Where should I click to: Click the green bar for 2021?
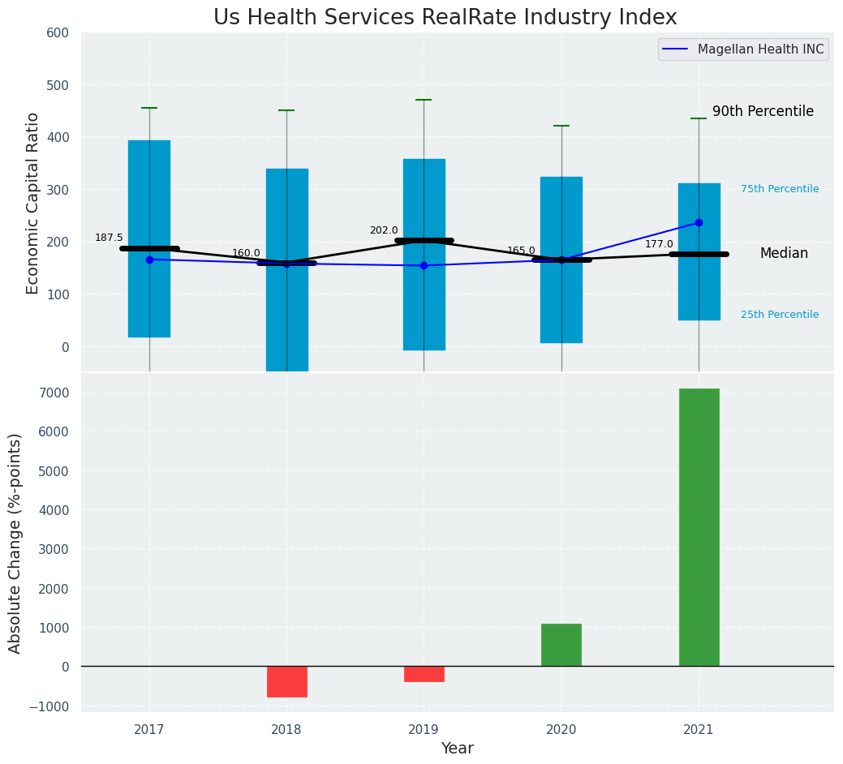point(699,527)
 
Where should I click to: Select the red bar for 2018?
point(286,681)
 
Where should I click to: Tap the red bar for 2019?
point(424,674)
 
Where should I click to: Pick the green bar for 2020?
point(561,645)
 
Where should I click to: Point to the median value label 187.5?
point(109,238)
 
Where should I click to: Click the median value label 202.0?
point(384,230)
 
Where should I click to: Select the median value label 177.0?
point(659,244)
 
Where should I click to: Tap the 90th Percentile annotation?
point(763,112)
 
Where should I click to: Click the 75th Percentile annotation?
point(780,189)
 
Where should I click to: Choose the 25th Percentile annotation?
point(780,315)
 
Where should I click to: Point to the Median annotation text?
point(784,254)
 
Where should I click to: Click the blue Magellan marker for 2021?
point(699,222)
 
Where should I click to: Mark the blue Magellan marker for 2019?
point(424,265)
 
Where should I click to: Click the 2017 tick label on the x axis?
point(149,730)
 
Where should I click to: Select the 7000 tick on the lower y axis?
point(54,393)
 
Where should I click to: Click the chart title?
point(445,18)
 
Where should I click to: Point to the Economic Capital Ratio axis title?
point(33,203)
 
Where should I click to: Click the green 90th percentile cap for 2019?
point(424,100)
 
